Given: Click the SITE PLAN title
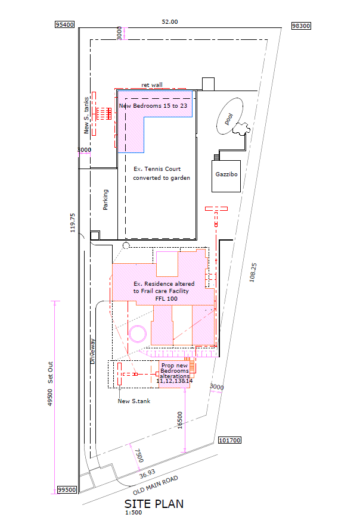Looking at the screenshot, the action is click(154, 504).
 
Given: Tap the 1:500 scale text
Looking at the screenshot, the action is click(134, 513).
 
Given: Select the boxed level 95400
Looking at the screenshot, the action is click(64, 24).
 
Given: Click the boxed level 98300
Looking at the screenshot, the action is click(301, 26).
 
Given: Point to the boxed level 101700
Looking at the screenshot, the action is click(230, 440).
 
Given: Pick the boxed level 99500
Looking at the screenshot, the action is click(67, 489).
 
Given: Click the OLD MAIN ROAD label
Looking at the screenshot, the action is click(156, 485).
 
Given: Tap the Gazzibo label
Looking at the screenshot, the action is click(226, 174).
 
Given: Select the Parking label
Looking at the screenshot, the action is click(105, 199).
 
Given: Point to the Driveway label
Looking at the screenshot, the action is click(92, 351).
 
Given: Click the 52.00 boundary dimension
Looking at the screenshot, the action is click(170, 22).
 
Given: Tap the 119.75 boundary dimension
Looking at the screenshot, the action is click(73, 223).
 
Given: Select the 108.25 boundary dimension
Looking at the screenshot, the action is click(253, 272).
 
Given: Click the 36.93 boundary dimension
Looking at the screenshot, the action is click(147, 473).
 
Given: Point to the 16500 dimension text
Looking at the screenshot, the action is click(180, 420).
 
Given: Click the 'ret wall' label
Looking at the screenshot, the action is click(152, 85).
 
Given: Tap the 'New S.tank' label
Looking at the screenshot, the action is click(134, 401).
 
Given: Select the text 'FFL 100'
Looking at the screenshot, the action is click(166, 298).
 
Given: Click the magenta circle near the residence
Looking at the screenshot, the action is click(129, 333).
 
